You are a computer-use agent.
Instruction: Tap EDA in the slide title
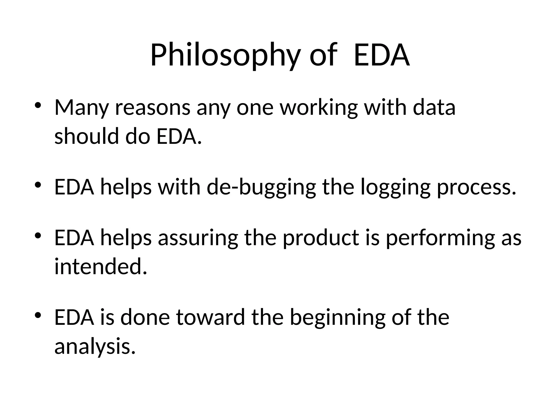(x=382, y=55)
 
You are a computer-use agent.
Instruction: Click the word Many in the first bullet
(x=81, y=108)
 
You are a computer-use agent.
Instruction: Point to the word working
(x=319, y=108)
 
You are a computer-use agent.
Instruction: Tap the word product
(x=320, y=238)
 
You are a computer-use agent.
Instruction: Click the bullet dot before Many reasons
(x=38, y=106)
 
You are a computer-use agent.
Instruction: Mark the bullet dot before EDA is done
(x=38, y=316)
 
